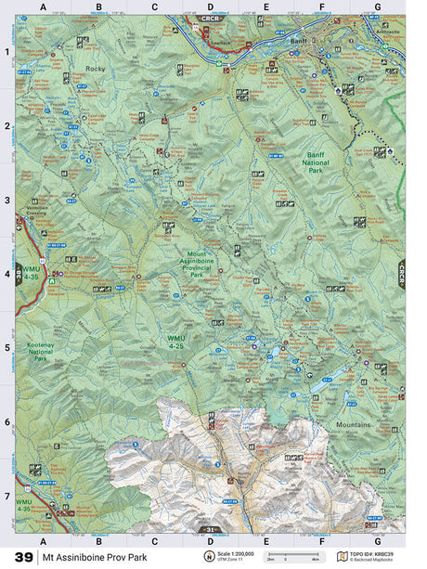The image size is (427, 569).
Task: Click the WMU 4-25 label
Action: pos(177,341)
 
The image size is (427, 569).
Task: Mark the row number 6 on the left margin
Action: pos(7,422)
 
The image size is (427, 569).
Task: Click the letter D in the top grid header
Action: pos(210,7)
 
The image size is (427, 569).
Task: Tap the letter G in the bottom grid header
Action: pos(377,539)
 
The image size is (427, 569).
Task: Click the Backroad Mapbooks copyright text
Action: pos(374,560)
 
